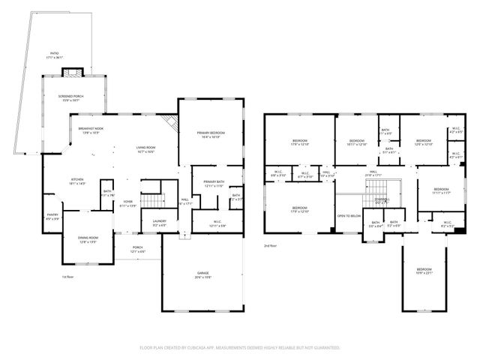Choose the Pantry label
coord(52,217)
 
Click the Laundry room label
coord(160,223)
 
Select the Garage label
coord(202,276)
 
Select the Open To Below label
coord(349,216)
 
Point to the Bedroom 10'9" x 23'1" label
coord(424,271)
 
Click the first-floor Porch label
coord(137,249)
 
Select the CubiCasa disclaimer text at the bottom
coord(240,348)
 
